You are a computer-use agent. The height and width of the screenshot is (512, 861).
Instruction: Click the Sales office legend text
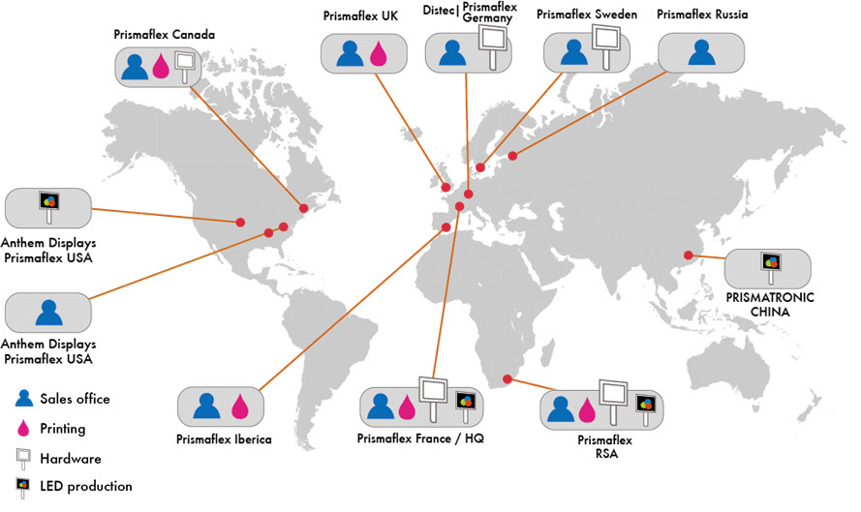pos(75,399)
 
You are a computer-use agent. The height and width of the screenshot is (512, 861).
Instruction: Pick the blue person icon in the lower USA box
pos(47,313)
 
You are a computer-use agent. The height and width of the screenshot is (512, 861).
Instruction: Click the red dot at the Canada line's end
pos(303,209)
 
